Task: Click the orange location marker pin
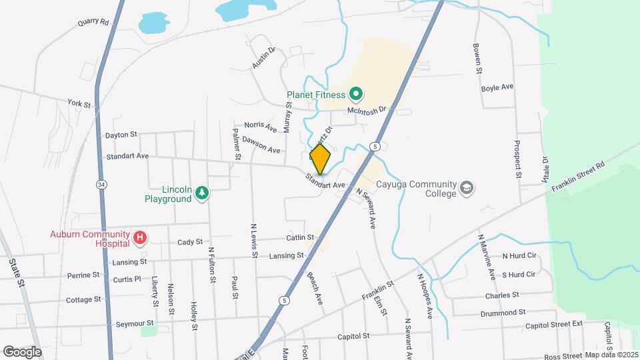tap(321, 159)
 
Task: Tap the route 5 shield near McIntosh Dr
tap(376, 146)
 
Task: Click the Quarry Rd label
tap(93, 22)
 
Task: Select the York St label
tap(79, 104)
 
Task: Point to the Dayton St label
tap(121, 135)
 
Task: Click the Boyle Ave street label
tap(497, 87)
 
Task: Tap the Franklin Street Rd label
tap(577, 177)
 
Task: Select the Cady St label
tap(189, 242)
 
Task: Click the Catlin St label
tap(300, 237)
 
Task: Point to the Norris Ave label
tap(260, 125)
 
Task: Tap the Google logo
tap(22, 351)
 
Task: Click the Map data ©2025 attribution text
tap(611, 355)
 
